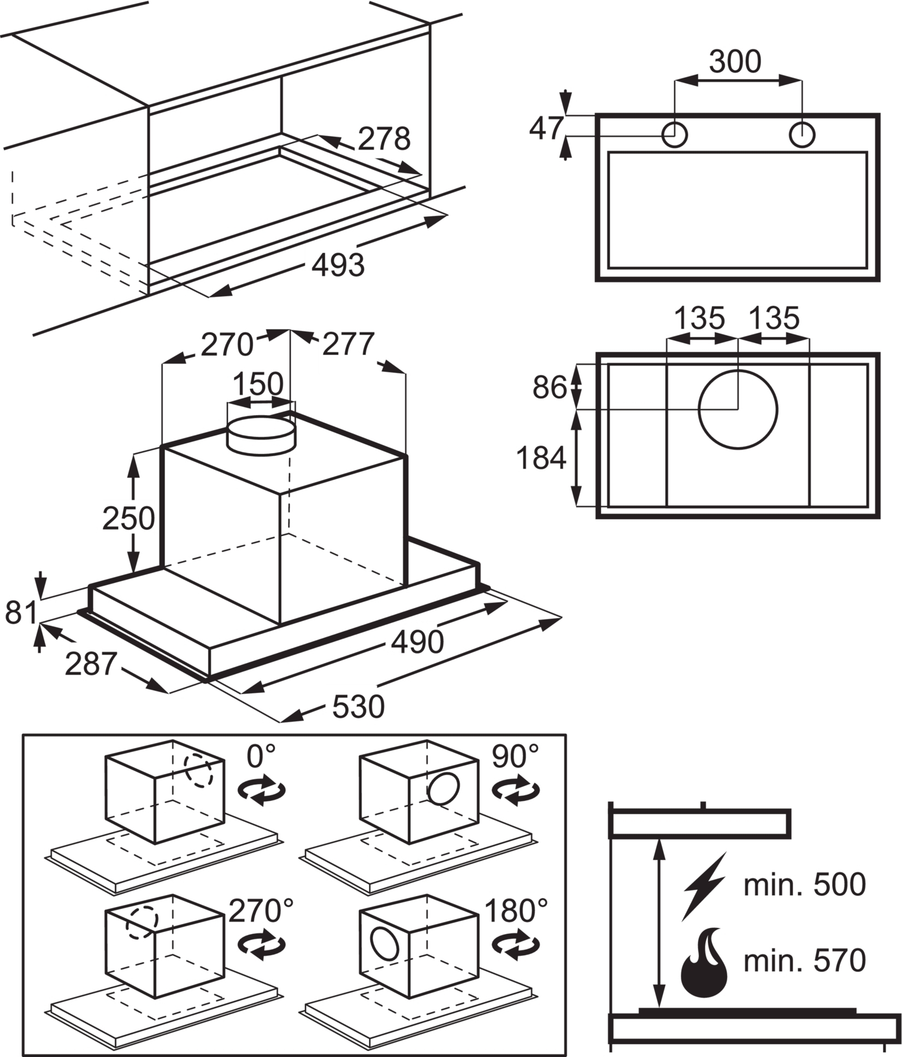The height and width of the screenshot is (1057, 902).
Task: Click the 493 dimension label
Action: pos(338,266)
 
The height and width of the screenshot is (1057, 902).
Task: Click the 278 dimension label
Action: pos(384,139)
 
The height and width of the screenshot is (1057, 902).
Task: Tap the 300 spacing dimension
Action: pos(735,62)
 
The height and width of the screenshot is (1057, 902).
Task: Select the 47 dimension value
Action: pos(546,129)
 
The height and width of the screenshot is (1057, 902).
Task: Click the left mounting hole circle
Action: pos(674,134)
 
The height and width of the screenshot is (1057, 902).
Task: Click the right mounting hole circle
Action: pos(802,134)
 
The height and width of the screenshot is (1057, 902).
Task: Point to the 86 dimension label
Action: pos(550,388)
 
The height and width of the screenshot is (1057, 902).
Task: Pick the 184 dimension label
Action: pos(541,458)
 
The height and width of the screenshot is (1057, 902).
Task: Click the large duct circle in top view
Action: pos(738,409)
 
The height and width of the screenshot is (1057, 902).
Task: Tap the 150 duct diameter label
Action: pos(258,384)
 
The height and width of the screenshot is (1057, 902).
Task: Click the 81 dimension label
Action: pos(21,612)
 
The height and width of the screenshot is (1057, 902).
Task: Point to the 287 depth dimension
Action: pos(91,664)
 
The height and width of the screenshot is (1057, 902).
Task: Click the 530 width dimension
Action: pos(358,707)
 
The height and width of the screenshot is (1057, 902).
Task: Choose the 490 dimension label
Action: pos(417,641)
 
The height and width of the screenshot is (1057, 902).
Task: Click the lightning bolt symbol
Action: pos(704,885)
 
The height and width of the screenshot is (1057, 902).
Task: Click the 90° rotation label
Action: pos(515,756)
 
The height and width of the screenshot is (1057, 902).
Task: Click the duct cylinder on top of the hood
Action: pos(261,434)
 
